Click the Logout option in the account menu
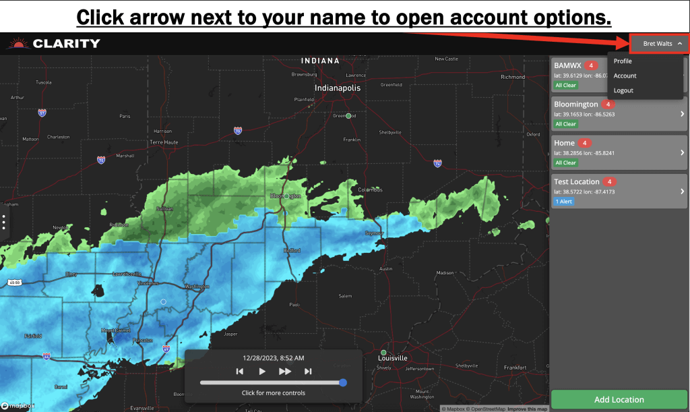point(623,90)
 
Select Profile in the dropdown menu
point(623,61)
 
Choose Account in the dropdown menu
point(625,76)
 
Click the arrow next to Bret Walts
point(680,44)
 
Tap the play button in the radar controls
point(262,372)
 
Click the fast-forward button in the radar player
point(285,372)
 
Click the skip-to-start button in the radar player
point(239,372)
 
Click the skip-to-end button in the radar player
point(308,372)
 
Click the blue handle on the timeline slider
point(343,383)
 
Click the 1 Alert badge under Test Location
point(565,202)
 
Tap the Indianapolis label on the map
point(338,88)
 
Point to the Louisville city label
point(394,359)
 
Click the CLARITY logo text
point(66,44)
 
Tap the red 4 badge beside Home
point(584,143)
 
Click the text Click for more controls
point(273,393)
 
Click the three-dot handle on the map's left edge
point(4,223)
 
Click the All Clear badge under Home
point(565,163)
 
